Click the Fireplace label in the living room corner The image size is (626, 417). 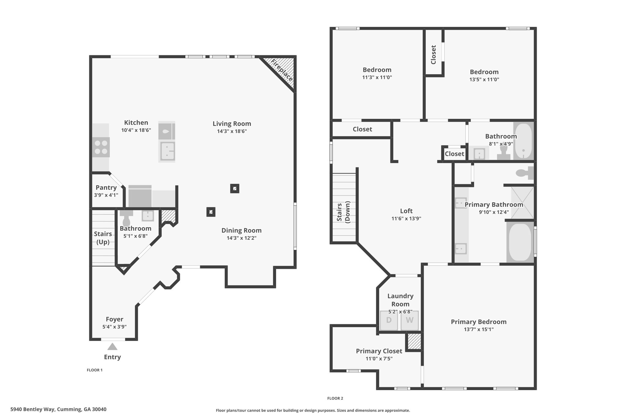tap(282, 70)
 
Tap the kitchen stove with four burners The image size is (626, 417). tap(101, 147)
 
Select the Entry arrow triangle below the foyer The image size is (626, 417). tap(112, 346)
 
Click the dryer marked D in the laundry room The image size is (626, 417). tap(389, 320)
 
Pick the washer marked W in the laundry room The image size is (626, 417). tap(410, 320)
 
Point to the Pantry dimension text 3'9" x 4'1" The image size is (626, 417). tap(106, 195)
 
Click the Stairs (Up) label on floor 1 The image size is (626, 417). tap(103, 238)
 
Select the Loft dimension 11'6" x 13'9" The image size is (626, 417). tap(406, 218)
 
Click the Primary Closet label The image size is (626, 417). tap(379, 351)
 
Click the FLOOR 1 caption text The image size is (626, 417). tap(95, 370)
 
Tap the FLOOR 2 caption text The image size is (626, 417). tap(335, 398)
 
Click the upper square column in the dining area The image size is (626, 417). tap(235, 188)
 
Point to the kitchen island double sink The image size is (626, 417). tap(167, 151)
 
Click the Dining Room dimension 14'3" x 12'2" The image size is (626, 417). tap(241, 238)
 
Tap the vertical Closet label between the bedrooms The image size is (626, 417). tap(433, 55)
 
